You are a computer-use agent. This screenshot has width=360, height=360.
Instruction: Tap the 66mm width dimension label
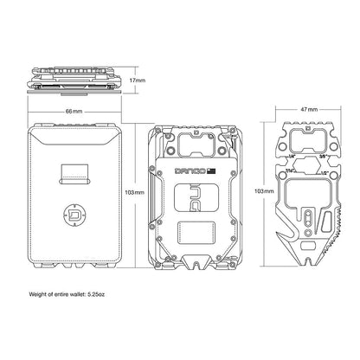[x=75, y=112]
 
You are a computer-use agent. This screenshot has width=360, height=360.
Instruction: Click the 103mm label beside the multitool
[x=264, y=190]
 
